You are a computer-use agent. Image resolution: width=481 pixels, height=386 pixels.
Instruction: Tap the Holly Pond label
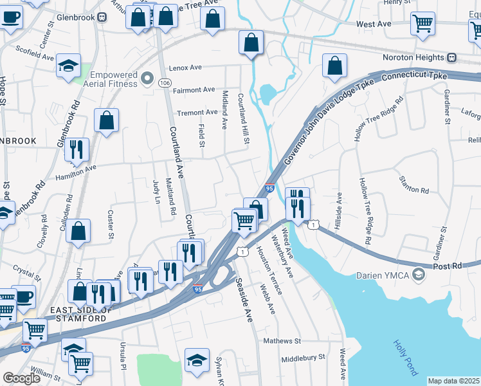tap(405, 358)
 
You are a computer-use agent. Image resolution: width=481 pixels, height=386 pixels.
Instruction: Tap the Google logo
tap(21, 378)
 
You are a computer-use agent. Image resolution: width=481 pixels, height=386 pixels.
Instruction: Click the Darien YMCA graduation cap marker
tap(420, 275)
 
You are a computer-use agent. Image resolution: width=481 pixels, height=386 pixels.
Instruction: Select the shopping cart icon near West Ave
tap(422, 24)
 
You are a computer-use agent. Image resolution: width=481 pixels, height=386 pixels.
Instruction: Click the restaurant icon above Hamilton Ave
tap(77, 149)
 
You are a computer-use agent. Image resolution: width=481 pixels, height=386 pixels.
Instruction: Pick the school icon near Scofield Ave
tap(68, 66)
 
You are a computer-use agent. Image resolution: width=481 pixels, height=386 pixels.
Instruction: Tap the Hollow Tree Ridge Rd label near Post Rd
tap(365, 210)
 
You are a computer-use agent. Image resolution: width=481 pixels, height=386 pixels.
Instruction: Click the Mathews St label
tap(282, 340)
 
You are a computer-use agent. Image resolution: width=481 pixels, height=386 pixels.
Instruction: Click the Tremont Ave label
tap(197, 113)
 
